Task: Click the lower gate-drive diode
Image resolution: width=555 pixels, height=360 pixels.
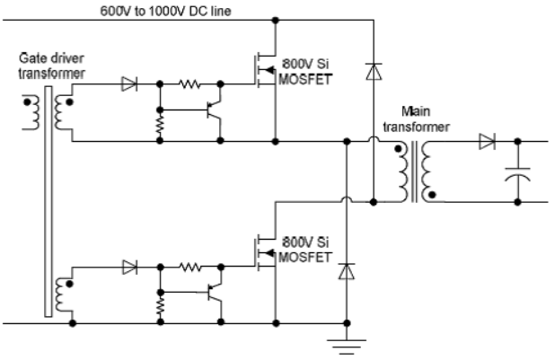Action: tap(131, 267)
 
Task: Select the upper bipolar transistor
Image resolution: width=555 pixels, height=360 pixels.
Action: tap(215, 111)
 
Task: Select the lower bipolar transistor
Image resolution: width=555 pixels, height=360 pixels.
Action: tap(215, 291)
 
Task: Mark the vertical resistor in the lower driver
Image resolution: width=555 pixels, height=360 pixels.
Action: tap(160, 304)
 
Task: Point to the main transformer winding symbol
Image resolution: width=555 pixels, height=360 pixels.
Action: tap(415, 171)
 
